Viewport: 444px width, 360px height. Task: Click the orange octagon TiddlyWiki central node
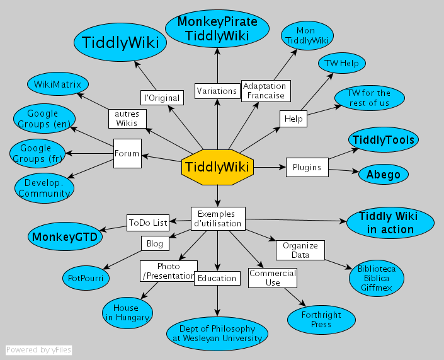[217, 167]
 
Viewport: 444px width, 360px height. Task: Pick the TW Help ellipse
[342, 64]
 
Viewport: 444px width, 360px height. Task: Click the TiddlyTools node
[384, 140]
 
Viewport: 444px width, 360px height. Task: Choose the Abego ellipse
[384, 175]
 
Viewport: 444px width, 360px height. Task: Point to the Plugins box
[307, 167]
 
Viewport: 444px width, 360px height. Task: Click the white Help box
[293, 119]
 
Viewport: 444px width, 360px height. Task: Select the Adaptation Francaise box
[266, 91]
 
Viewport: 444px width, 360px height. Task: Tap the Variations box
[217, 91]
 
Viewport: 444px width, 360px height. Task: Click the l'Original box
[162, 98]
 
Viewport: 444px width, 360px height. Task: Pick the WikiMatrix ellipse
[58, 84]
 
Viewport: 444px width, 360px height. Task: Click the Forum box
[127, 153]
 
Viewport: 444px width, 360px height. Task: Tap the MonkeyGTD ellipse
[65, 236]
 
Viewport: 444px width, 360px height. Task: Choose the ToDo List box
[148, 222]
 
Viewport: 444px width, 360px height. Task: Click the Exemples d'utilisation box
[217, 218]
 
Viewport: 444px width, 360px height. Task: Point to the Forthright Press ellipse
[321, 320]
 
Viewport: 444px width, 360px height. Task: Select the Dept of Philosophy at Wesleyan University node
[217, 334]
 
